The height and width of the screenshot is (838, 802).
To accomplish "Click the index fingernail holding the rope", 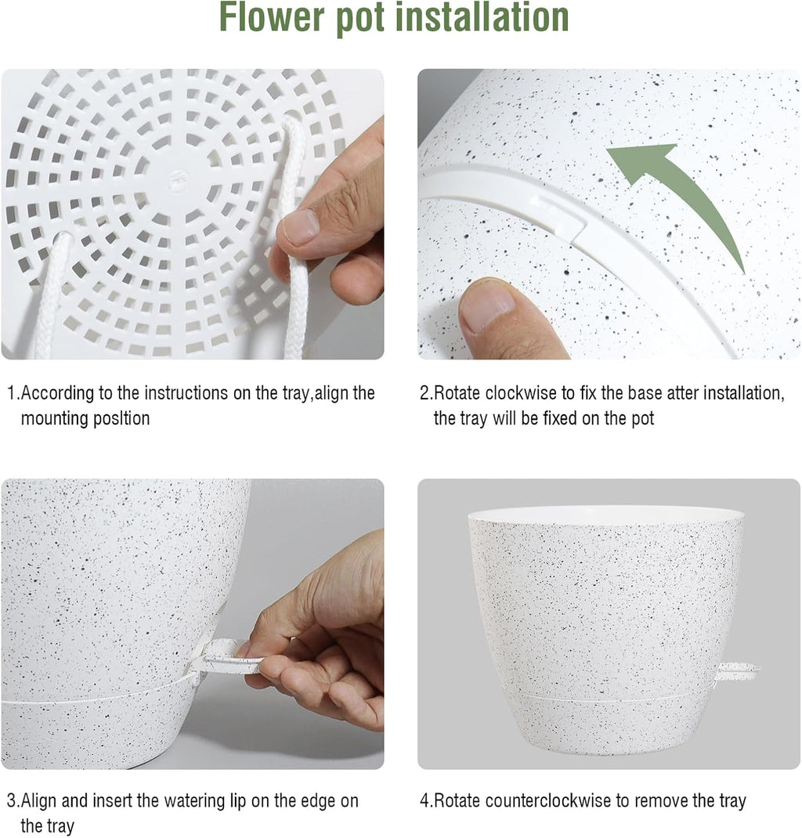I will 300,227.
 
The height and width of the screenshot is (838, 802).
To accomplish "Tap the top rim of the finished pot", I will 605,515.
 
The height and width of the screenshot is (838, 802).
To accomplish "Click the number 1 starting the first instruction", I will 11,393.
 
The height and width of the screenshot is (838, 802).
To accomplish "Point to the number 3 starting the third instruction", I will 11,801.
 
